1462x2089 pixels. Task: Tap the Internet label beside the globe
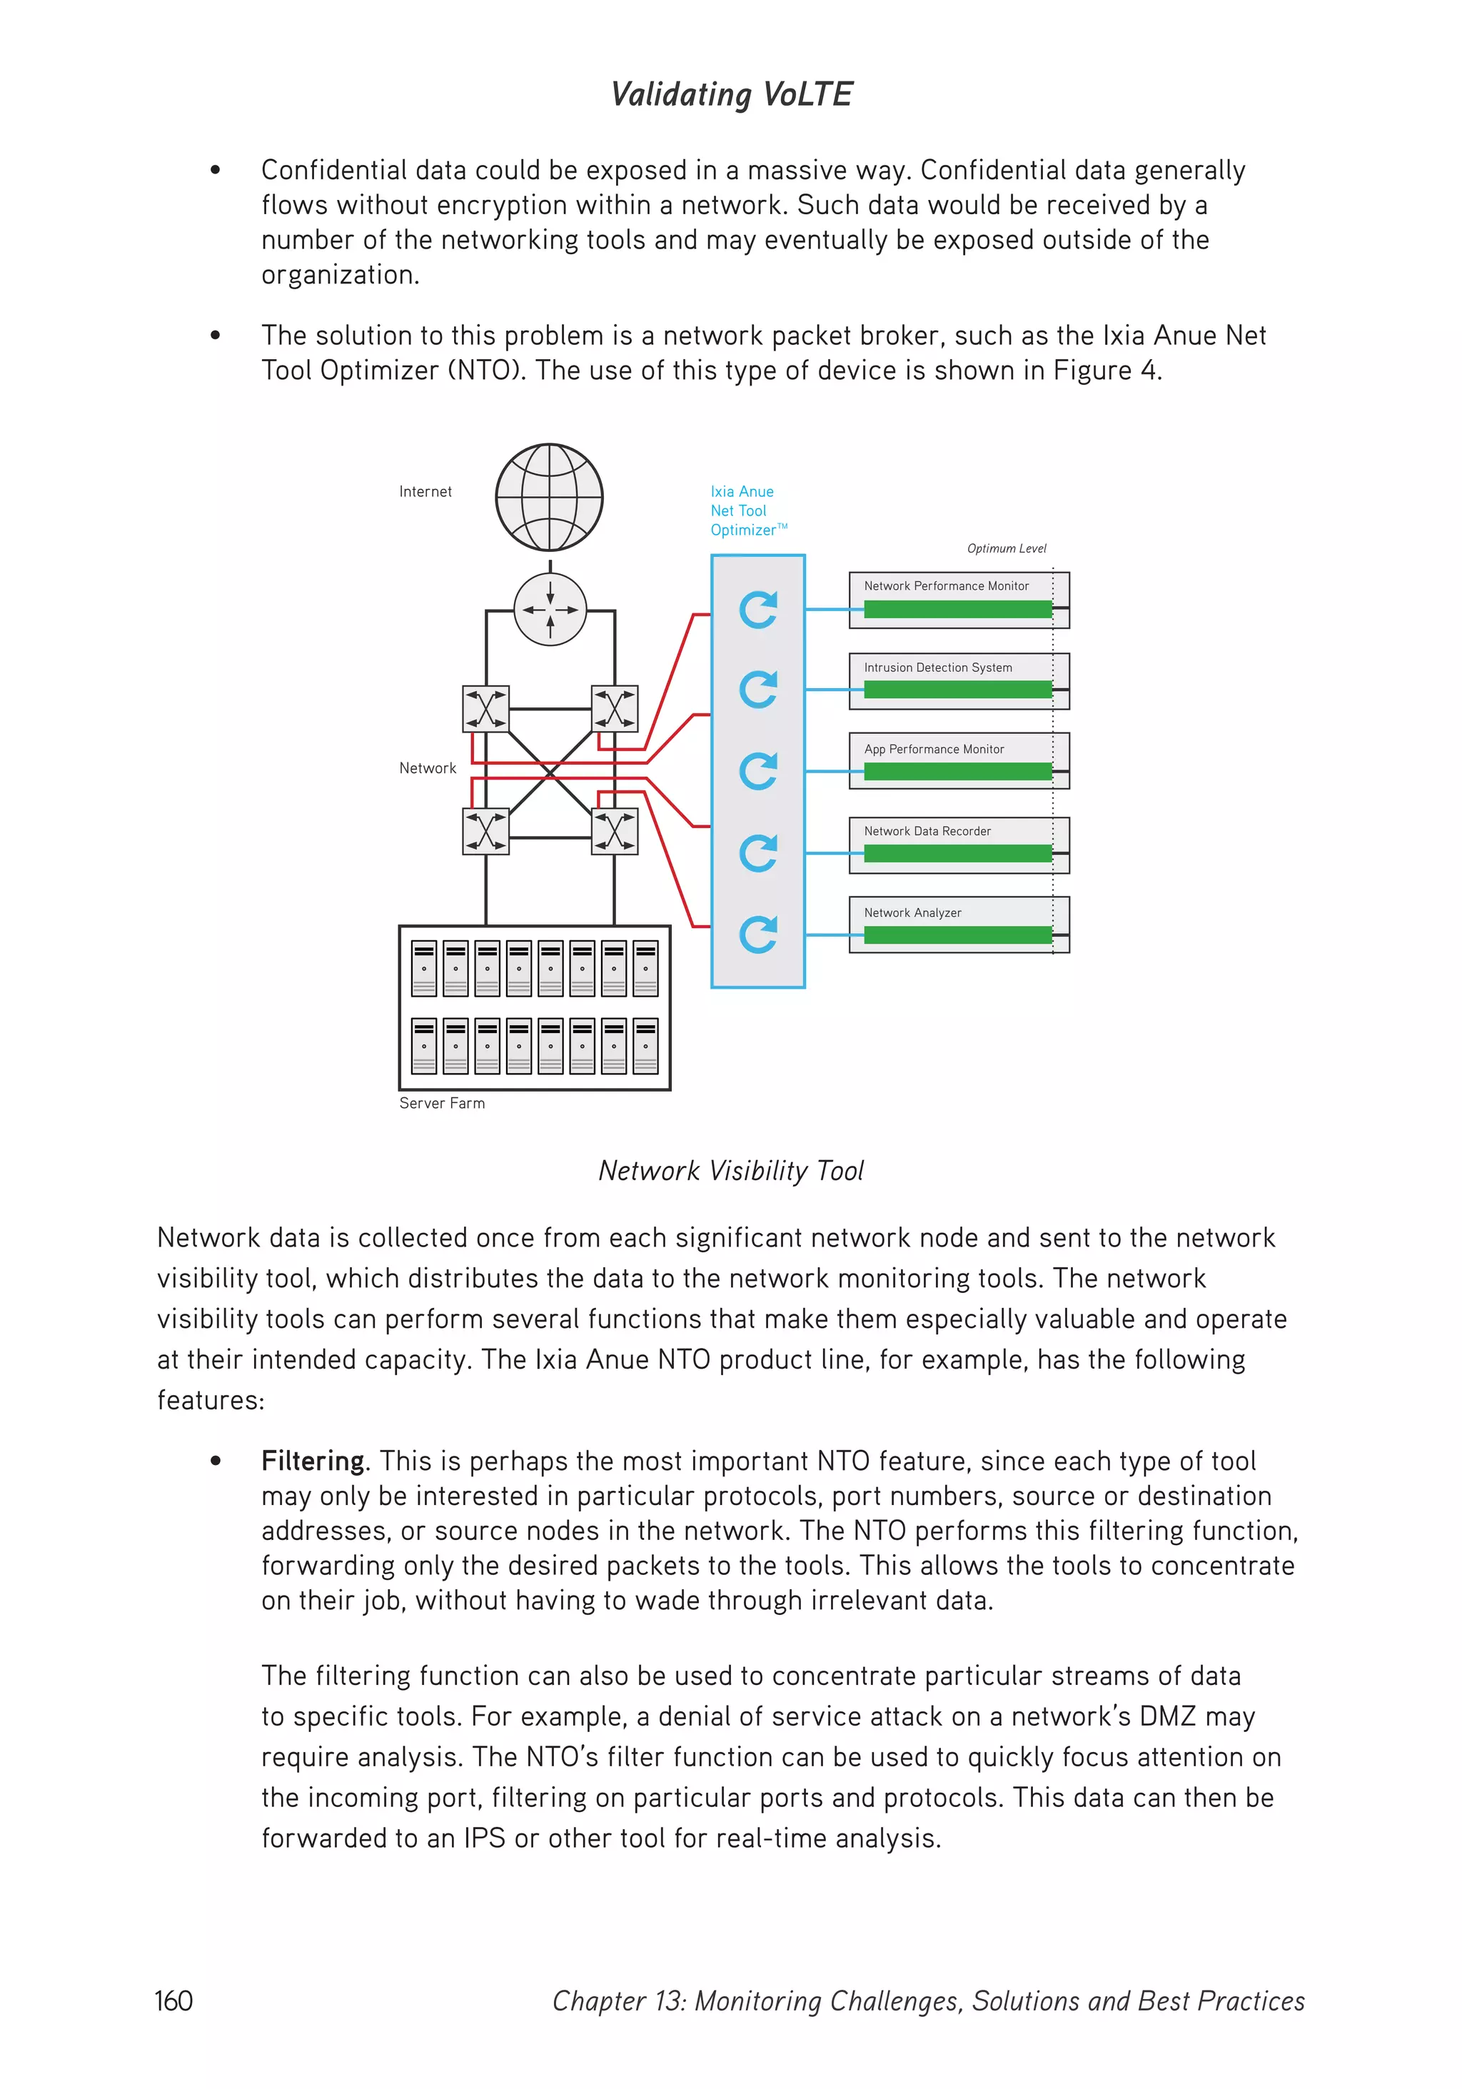(x=425, y=491)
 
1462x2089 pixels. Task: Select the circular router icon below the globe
(x=550, y=610)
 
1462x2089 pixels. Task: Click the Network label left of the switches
(x=428, y=768)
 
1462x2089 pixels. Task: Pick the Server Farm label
(x=442, y=1103)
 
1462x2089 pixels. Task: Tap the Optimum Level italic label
(x=1007, y=548)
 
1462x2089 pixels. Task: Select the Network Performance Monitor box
(x=958, y=600)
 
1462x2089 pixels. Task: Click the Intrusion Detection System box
(x=958, y=680)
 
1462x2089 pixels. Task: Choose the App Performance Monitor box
(x=958, y=760)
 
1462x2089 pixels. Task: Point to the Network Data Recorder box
(x=958, y=845)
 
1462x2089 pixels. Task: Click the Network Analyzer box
(x=958, y=925)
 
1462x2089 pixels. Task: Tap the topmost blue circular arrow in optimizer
(x=758, y=610)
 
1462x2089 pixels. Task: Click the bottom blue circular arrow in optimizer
(x=758, y=935)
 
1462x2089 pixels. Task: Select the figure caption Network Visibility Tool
(x=730, y=1170)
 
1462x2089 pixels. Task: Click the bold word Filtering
(x=312, y=1461)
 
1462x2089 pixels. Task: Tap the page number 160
(x=173, y=2000)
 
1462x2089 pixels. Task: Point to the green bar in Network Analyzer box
(x=957, y=935)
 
